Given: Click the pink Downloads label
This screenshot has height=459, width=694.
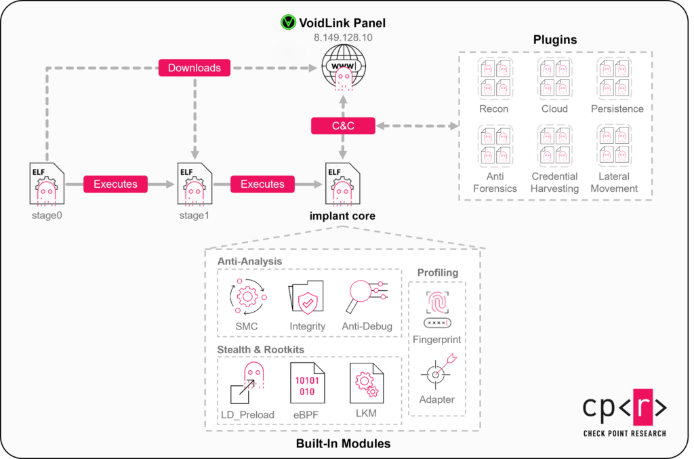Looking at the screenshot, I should [x=195, y=68].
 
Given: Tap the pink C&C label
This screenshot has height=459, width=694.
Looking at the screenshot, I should [x=343, y=125].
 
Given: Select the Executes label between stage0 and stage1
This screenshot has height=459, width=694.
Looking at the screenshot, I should [x=115, y=184].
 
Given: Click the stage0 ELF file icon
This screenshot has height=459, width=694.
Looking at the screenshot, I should [x=46, y=184].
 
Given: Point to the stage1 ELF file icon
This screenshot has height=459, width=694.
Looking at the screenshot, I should [x=195, y=184].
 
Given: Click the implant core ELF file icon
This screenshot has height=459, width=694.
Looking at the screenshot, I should [x=343, y=184].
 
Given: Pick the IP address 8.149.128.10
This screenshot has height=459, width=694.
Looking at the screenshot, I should [x=343, y=39].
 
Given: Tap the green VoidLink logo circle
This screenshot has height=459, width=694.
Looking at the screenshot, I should [x=289, y=22].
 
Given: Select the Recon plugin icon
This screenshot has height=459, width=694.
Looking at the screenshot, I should [x=493, y=76].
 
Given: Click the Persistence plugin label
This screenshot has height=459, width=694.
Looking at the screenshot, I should [x=617, y=108].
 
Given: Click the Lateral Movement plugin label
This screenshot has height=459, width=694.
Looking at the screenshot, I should [x=614, y=182].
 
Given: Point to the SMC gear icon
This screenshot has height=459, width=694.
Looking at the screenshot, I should [x=247, y=297].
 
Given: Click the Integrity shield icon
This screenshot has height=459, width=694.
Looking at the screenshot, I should [x=307, y=297].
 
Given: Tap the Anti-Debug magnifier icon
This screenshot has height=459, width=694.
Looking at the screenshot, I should [x=367, y=296].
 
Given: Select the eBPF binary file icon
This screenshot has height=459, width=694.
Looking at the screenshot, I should [x=306, y=384].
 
